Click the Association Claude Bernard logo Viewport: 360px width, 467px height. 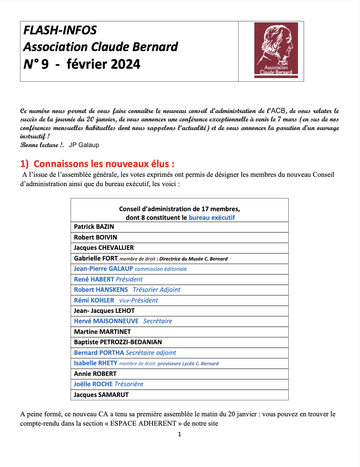pyautogui.click(x=276, y=50)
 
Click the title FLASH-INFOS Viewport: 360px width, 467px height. pyautogui.click(x=60, y=30)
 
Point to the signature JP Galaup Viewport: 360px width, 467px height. pyautogui.click(x=84, y=145)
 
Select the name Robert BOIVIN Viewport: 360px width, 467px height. pyautogui.click(x=95, y=238)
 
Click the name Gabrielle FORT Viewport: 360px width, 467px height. pyautogui.click(x=96, y=259)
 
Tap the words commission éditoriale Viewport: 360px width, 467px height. pyautogui.click(x=161, y=269)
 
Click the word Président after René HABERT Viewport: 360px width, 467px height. pyautogui.click(x=129, y=280)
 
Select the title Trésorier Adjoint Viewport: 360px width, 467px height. pyautogui.click(x=156, y=290)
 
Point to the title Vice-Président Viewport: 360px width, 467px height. pyautogui.click(x=138, y=301)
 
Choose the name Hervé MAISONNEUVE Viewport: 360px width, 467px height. pyautogui.click(x=106, y=321)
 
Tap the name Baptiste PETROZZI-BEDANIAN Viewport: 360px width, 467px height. pyautogui.click(x=118, y=342)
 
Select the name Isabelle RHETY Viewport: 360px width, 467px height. pyautogui.click(x=95, y=363)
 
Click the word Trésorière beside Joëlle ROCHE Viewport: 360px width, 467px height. pyautogui.click(x=129, y=384)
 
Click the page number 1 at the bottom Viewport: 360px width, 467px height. pyautogui.click(x=180, y=434)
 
